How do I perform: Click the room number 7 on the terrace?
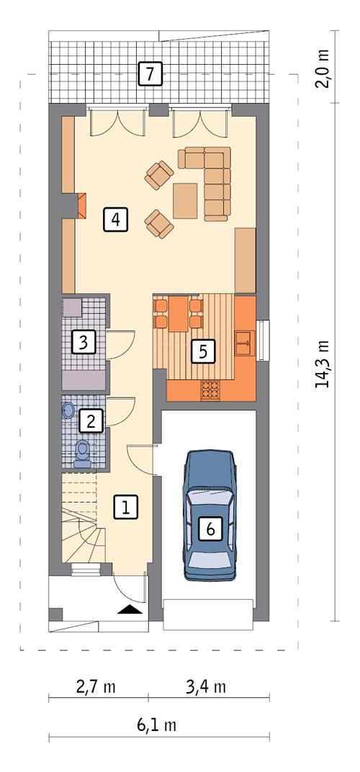click(x=150, y=74)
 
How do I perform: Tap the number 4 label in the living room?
click(x=115, y=218)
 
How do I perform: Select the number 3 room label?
click(x=84, y=341)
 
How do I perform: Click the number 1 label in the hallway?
click(x=125, y=507)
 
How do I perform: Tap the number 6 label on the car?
click(x=210, y=529)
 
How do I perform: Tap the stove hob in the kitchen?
click(x=210, y=390)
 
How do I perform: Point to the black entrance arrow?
click(x=130, y=609)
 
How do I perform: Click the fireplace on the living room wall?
click(x=81, y=205)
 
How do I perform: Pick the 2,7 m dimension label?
click(x=96, y=686)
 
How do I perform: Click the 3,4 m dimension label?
click(x=206, y=686)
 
